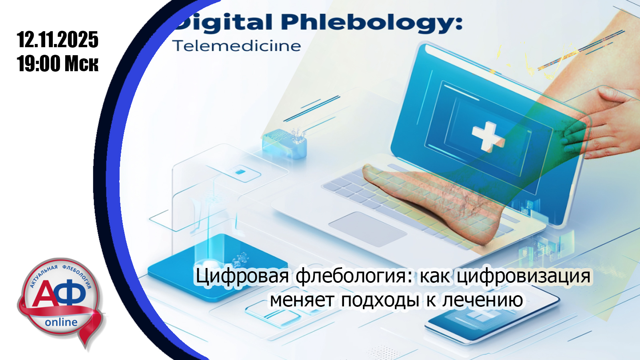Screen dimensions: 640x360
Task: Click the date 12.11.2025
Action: tap(58, 40)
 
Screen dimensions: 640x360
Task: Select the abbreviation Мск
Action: tap(82, 64)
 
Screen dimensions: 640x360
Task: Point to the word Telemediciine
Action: tap(237, 46)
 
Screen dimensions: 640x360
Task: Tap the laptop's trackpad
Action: tap(368, 229)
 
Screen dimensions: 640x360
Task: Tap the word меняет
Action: tap(302, 300)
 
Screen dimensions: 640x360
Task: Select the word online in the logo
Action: tap(61, 322)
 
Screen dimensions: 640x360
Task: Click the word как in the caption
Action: tap(434, 276)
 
